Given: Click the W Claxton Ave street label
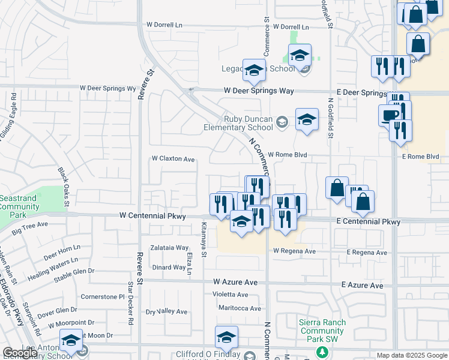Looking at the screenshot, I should pyautogui.click(x=173, y=159).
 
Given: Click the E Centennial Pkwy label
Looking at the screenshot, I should pyautogui.click(x=368, y=222).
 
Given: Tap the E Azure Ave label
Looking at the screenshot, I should pyautogui.click(x=362, y=286).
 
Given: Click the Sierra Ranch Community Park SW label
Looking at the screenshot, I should pyautogui.click(x=322, y=331).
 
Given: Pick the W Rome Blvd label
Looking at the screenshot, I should pyautogui.click(x=287, y=155).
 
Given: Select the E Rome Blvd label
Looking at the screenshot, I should pyautogui.click(x=424, y=157).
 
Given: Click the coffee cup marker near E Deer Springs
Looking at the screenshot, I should pyautogui.click(x=388, y=115).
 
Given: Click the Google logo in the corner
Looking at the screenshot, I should pyautogui.click(x=20, y=353).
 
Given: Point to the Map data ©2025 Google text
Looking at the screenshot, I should pyautogui.click(x=412, y=355).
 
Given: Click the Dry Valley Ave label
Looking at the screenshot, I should pyautogui.click(x=167, y=312).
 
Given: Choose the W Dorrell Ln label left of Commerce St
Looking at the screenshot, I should pyautogui.click(x=164, y=25).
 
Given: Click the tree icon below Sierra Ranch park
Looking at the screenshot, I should pyautogui.click(x=322, y=351).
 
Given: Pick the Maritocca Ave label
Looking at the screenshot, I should pyautogui.click(x=240, y=308).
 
